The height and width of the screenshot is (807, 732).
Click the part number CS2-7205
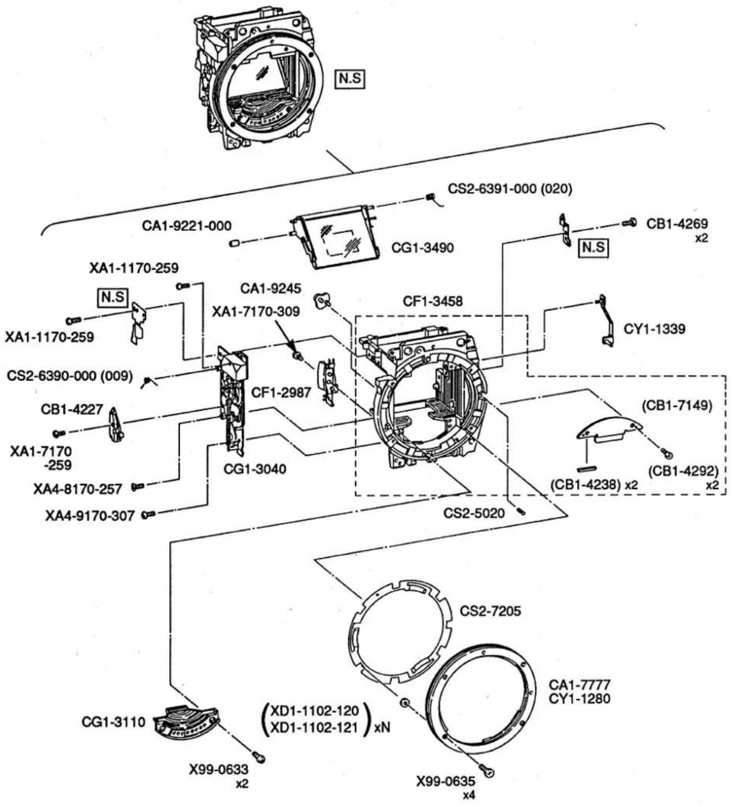click(x=490, y=611)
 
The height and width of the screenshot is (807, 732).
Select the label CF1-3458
click(x=433, y=301)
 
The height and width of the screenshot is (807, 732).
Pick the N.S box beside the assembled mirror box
click(x=350, y=78)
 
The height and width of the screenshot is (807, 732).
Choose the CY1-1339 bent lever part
click(x=606, y=320)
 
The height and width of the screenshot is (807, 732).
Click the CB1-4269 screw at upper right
click(x=629, y=222)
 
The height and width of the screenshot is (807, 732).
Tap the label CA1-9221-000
click(x=187, y=226)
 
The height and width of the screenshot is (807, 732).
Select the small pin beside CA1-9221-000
click(x=234, y=243)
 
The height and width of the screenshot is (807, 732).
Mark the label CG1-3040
click(x=255, y=468)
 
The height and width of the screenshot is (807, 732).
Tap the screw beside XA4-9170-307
click(x=148, y=514)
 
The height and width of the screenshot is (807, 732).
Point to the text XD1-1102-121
click(x=315, y=727)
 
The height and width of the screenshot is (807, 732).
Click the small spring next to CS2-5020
click(x=521, y=511)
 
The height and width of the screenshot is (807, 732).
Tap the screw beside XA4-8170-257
click(x=138, y=487)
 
